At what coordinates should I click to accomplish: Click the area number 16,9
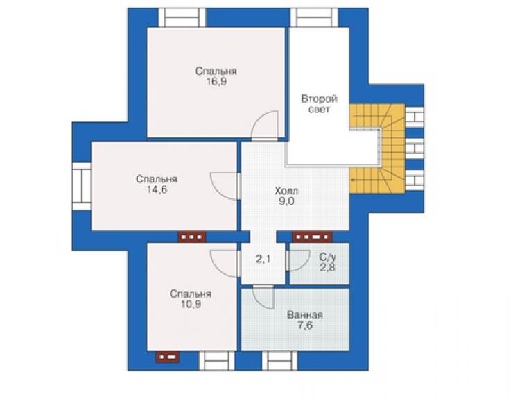pos(216,82)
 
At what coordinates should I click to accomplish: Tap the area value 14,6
pos(157,189)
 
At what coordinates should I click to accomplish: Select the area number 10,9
pos(191,305)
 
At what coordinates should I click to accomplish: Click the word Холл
pos(286,191)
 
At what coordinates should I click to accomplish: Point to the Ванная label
pos(305,315)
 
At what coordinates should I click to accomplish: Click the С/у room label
pos(327,257)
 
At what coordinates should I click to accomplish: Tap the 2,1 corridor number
pos(263,260)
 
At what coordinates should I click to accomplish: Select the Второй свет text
pos(319,104)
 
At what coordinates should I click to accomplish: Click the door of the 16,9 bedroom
pos(265,126)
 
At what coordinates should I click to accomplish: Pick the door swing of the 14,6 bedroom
pos(225,186)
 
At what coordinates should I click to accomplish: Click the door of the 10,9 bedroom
pos(225,264)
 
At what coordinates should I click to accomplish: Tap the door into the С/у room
pos(297,261)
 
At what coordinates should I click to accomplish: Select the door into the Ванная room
pos(263,297)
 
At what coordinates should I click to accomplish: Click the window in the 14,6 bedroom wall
pos(82,186)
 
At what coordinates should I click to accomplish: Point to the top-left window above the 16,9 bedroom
pos(182,17)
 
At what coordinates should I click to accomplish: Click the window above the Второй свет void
pos(314,17)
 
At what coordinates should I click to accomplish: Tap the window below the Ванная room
pos(280,361)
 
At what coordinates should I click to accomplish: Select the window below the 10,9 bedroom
pos(217,361)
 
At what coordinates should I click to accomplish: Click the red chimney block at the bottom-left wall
pos(168,357)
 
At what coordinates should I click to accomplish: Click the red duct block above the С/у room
pos(312,237)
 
